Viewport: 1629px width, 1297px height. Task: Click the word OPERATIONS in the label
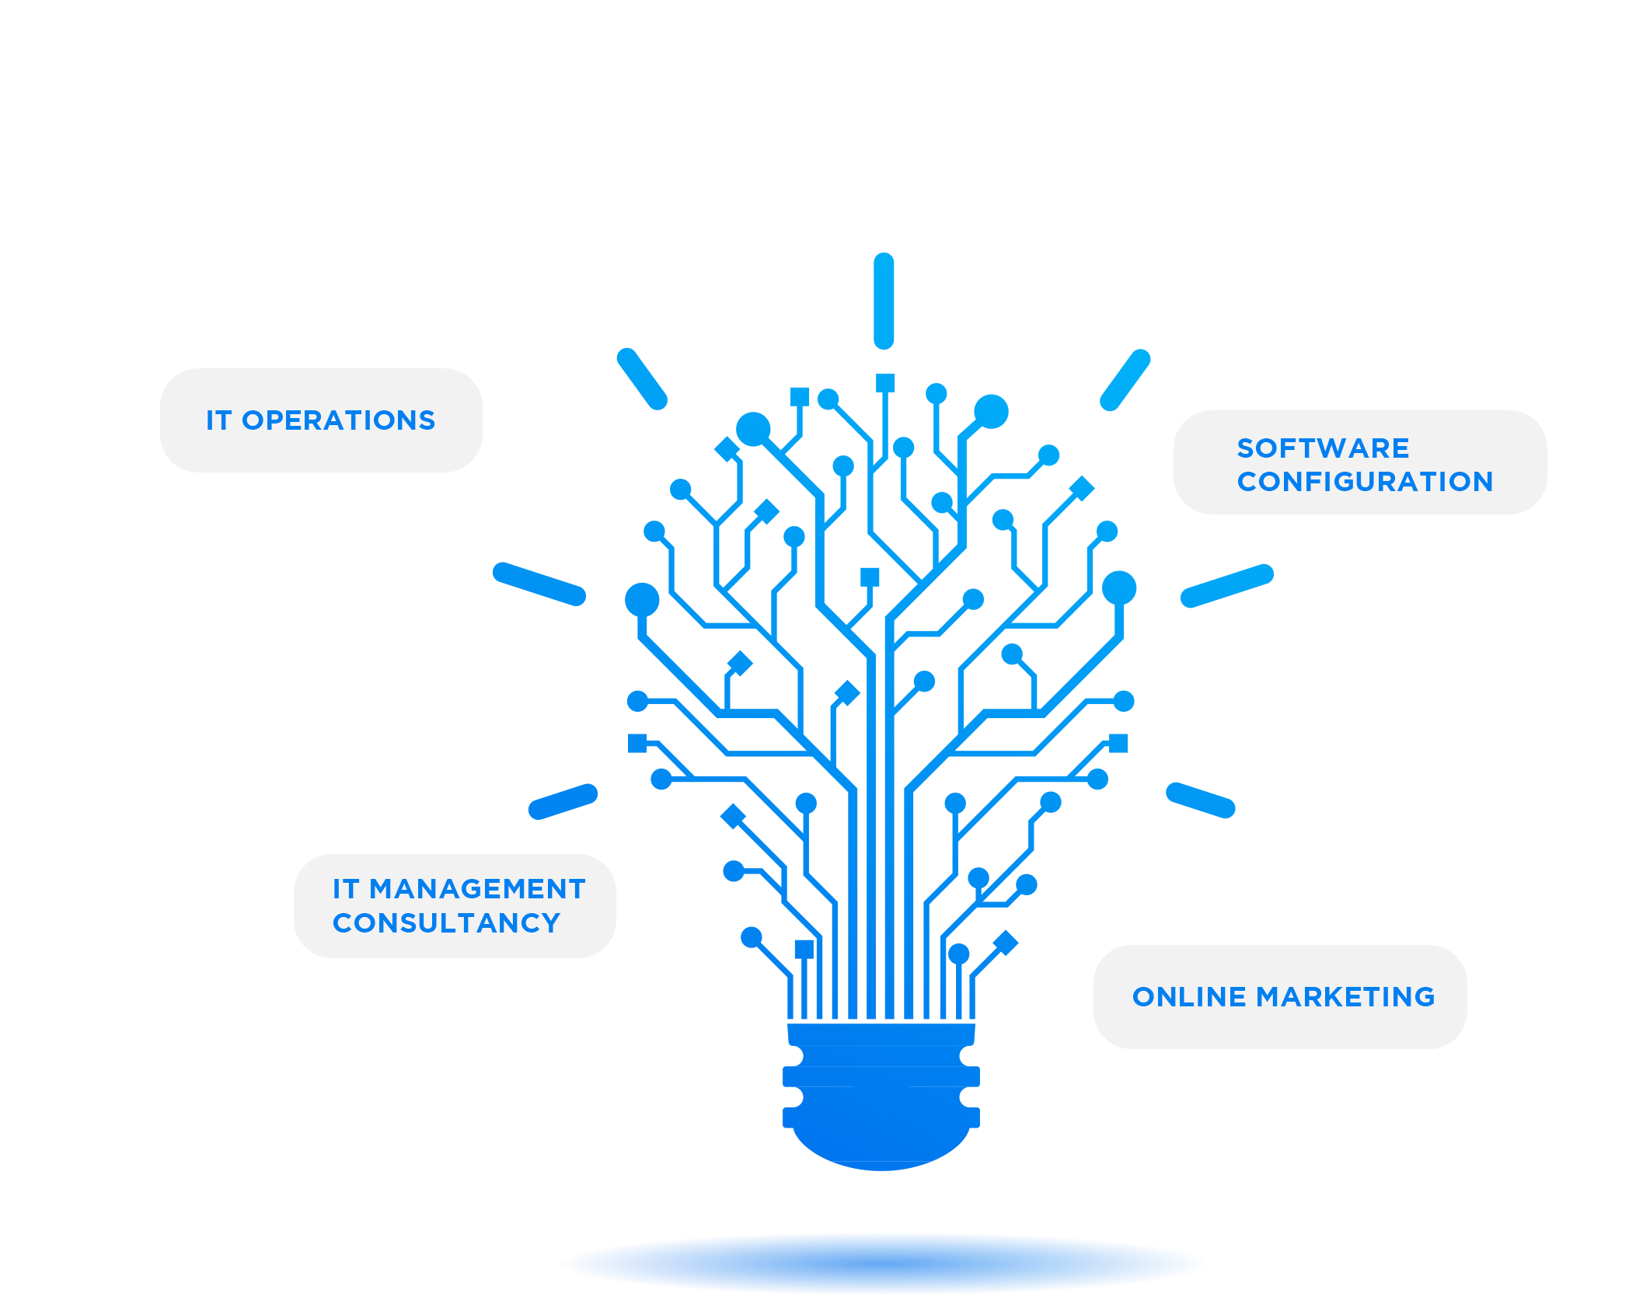338,420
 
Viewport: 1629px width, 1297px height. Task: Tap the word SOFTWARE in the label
1323,448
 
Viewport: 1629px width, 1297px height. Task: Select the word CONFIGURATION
1365,482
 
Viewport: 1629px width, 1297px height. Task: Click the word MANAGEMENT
477,889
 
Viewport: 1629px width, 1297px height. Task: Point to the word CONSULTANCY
446,923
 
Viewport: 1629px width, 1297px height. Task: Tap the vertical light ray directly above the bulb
884,301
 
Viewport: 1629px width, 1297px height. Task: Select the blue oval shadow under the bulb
882,1263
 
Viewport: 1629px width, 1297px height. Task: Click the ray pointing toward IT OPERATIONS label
642,378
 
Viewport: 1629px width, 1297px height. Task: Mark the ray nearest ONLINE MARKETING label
1200,800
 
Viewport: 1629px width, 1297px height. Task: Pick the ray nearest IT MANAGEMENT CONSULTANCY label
563,801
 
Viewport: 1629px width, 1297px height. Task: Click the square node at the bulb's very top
885,382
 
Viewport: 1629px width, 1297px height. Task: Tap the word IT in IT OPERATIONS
218,420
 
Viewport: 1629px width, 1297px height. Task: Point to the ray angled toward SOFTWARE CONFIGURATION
1125,380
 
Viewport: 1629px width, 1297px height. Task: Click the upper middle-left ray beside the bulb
539,583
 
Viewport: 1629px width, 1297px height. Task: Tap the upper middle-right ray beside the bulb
1226,585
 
